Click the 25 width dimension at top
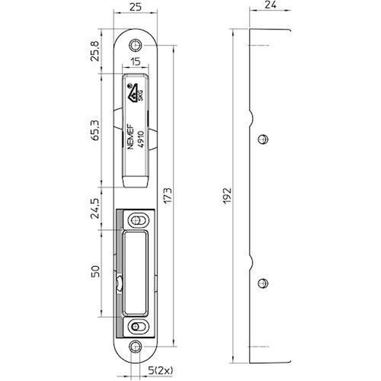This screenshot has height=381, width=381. (136, 7)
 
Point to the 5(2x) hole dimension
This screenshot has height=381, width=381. (160, 370)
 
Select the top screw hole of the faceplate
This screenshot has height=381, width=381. (136, 45)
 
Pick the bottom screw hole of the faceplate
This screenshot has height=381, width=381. (136, 346)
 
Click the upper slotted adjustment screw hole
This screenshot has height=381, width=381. (137, 220)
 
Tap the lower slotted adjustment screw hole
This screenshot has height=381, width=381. (137, 326)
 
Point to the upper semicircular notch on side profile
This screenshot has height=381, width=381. (251, 117)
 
